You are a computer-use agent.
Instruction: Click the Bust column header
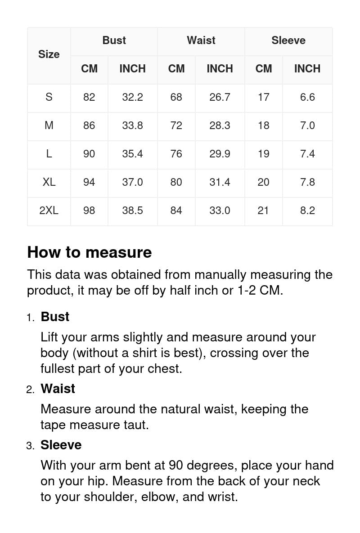[x=114, y=40]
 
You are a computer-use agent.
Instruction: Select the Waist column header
[x=201, y=40]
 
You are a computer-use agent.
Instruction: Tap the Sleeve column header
[x=288, y=40]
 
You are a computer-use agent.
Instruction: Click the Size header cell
[x=49, y=54]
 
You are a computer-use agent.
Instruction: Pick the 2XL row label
[x=49, y=211]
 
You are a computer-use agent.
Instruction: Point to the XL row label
[x=49, y=182]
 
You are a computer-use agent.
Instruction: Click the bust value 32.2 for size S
[x=132, y=97]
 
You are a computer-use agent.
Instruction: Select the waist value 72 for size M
[x=176, y=125]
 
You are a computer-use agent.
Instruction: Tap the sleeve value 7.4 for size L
[x=307, y=154]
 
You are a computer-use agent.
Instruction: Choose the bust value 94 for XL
[x=89, y=182]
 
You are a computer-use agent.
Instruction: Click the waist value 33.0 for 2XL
[x=220, y=211]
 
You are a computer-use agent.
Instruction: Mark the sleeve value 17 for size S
[x=263, y=97]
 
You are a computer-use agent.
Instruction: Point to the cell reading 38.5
[x=132, y=211]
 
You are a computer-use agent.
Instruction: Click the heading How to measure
[x=90, y=252]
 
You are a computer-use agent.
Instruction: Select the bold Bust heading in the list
[x=55, y=317]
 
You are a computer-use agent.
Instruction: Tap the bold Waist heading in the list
[x=58, y=389]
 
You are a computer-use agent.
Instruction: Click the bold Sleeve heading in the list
[x=61, y=445]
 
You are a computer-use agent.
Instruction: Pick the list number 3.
[x=30, y=446]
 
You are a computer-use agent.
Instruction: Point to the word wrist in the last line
[x=223, y=497]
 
